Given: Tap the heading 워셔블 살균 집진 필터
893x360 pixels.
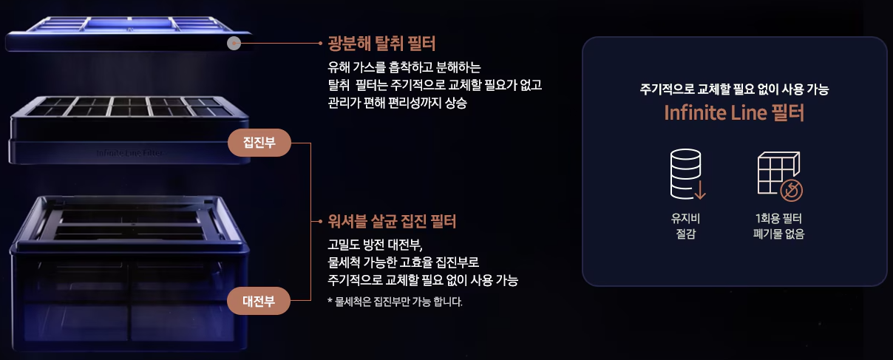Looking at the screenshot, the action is tap(392, 220).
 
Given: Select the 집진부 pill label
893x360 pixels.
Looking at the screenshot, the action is tap(259, 143).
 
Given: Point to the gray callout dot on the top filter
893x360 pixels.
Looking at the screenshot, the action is tap(234, 44).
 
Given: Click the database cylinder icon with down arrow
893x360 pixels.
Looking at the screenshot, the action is tap(687, 174).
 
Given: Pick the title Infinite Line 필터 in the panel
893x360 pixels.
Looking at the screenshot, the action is tap(734, 114).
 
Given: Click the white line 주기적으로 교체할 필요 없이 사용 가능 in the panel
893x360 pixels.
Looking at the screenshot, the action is tap(734, 90).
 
